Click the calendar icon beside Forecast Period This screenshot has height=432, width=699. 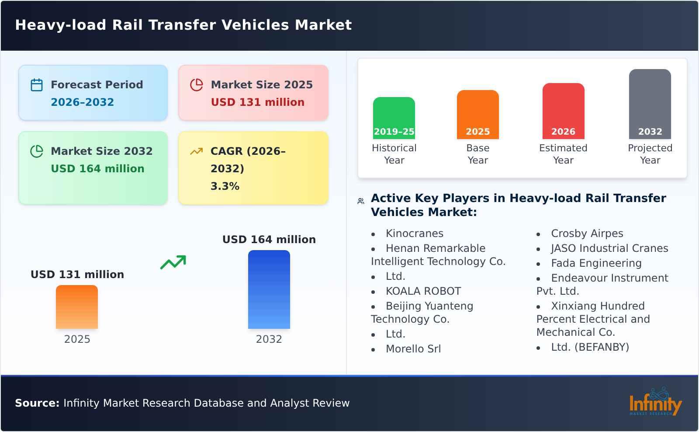tap(37, 85)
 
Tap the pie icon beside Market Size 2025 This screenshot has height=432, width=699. tap(197, 85)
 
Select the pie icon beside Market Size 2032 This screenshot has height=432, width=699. tap(37, 151)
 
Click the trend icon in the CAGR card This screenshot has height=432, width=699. tap(197, 151)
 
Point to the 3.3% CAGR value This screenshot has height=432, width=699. tap(225, 186)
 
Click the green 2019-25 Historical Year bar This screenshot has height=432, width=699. tap(394, 118)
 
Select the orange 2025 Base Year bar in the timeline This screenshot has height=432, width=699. tap(478, 115)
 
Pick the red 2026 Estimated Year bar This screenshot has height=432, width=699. tap(563, 111)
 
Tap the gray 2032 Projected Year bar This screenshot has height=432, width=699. tap(650, 104)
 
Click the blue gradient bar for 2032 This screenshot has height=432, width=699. tap(269, 289)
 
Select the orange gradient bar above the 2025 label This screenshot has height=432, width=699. tap(77, 307)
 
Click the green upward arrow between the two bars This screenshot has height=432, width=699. tap(173, 262)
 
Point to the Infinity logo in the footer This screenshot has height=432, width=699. tap(655, 402)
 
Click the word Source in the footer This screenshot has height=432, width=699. tap(37, 403)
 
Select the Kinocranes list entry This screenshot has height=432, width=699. tap(414, 233)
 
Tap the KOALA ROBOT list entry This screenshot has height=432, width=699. tap(423, 291)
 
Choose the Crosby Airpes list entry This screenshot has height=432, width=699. tap(587, 233)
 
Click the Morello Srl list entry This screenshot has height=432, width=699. tap(413, 349)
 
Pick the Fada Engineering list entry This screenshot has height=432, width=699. tap(596, 263)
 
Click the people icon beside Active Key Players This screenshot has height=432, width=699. tap(361, 201)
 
